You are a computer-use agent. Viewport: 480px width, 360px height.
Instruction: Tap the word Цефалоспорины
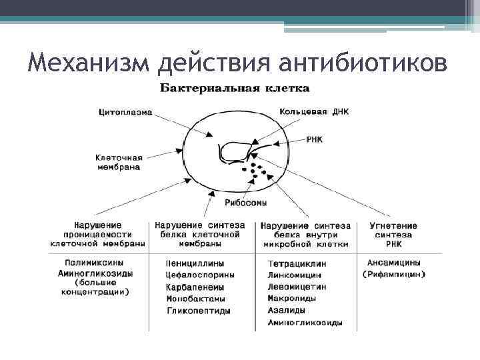(x=199, y=275)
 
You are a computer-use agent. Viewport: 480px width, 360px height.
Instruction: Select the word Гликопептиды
(x=198, y=311)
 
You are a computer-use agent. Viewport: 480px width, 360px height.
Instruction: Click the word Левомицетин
(x=297, y=287)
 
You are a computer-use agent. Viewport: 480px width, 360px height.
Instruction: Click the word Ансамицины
(x=393, y=263)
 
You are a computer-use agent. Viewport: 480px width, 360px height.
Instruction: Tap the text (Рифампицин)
(x=393, y=274)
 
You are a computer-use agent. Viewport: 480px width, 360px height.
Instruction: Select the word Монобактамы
(x=195, y=299)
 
